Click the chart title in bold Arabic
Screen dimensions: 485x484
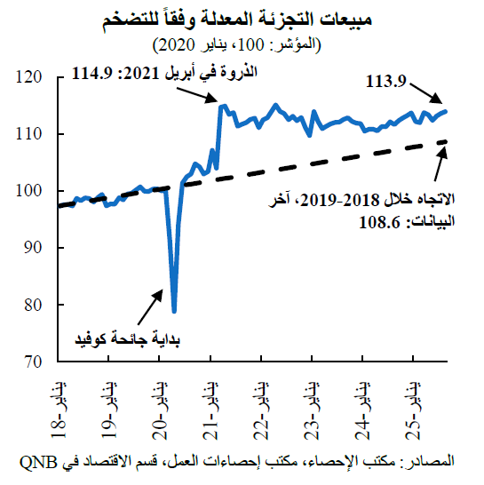(242, 20)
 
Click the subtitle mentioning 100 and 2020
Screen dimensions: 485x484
(242, 43)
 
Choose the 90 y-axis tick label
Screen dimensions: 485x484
(36, 248)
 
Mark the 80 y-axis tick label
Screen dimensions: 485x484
(36, 305)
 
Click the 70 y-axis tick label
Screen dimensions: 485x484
(36, 362)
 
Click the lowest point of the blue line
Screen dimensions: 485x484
(174, 311)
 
